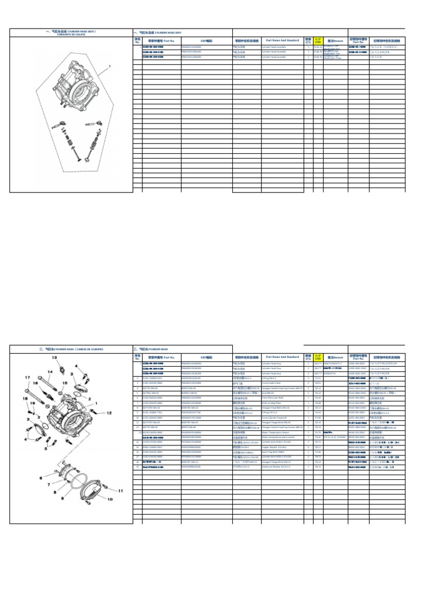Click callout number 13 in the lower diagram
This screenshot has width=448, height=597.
(x=55, y=357)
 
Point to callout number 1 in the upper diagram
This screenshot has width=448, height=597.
(x=108, y=67)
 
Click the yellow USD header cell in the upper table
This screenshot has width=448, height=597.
(x=318, y=41)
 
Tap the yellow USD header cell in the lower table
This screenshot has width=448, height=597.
(x=318, y=357)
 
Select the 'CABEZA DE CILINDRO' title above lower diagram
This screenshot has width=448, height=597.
(x=71, y=349)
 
